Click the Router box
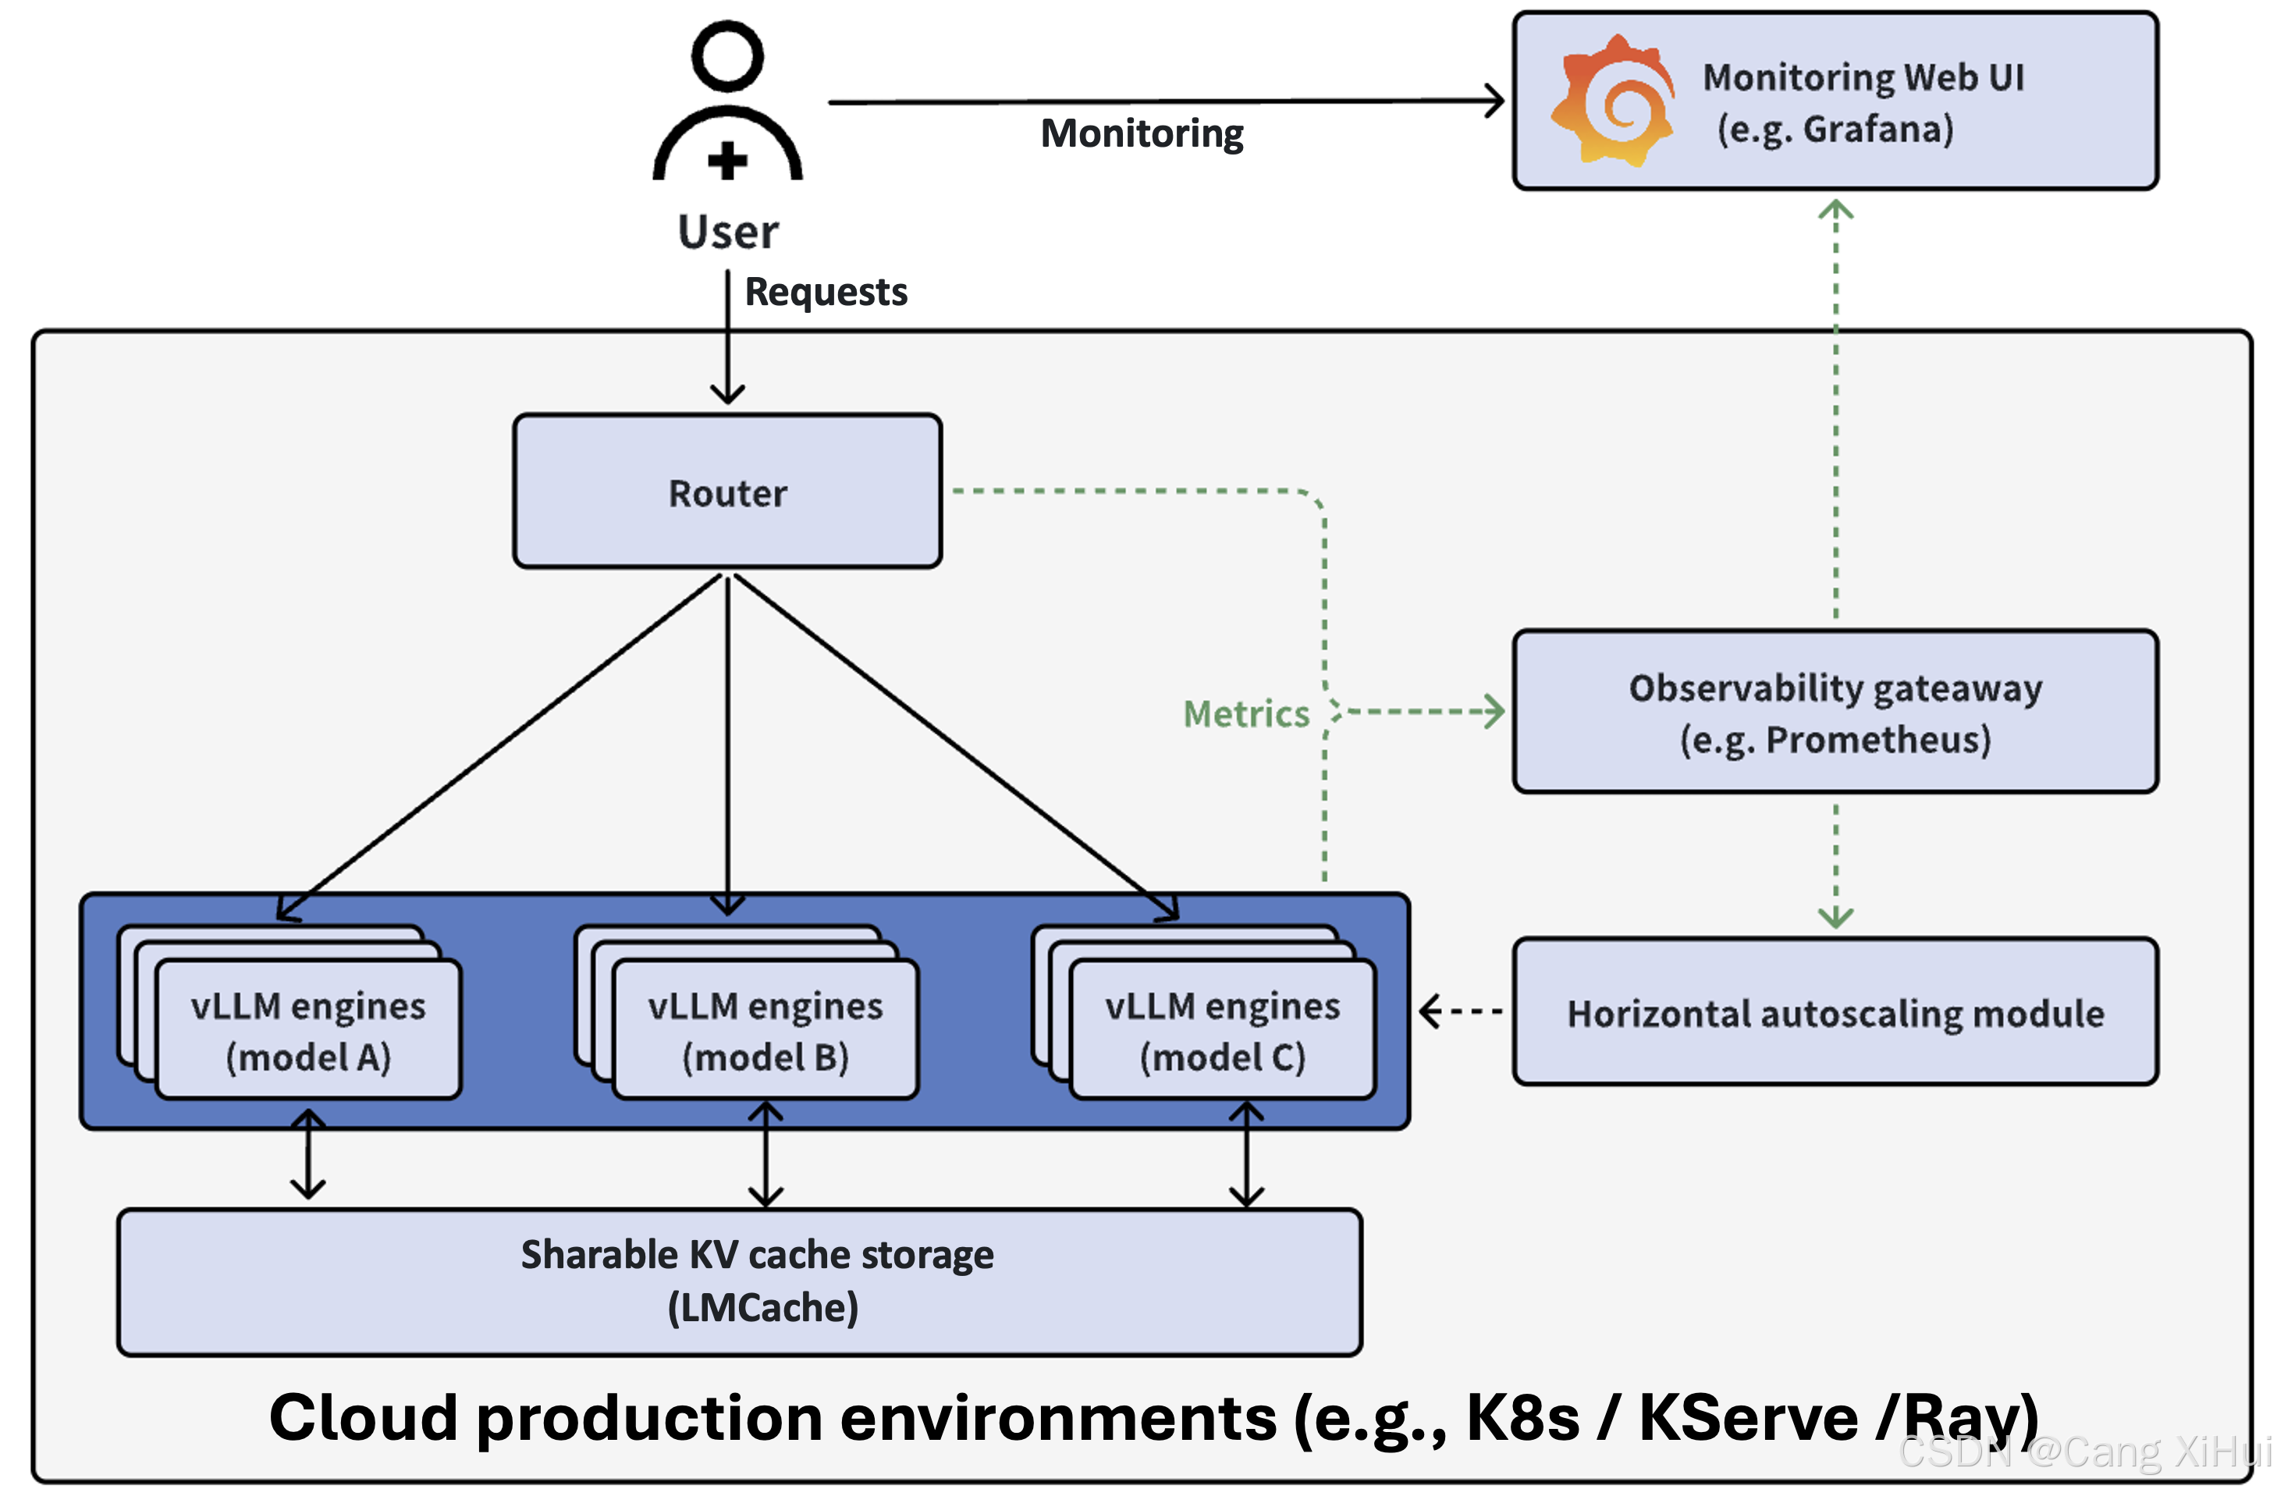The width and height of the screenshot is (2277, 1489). pos(727,492)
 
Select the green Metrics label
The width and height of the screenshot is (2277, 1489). pos(1245,714)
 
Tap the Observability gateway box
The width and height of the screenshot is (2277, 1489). pos(1834,712)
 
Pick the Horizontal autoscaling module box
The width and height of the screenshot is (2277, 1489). pos(1834,1012)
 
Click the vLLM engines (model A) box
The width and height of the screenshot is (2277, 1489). pos(308,1031)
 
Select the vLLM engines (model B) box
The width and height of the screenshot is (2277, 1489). pos(766,1031)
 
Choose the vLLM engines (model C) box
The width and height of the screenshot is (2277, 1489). pos(1223,1031)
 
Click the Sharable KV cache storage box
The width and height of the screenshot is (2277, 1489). pos(739,1281)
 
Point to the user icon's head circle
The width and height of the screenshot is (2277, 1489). pos(727,56)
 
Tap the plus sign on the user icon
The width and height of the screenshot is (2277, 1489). pos(727,160)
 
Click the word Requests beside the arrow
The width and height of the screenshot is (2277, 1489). pos(826,292)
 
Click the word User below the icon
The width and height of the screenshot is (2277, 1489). pos(728,233)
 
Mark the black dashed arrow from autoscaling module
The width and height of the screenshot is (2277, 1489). pos(1459,1011)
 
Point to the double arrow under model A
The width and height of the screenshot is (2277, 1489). pos(308,1154)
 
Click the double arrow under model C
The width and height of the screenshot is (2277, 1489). pos(1245,1154)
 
